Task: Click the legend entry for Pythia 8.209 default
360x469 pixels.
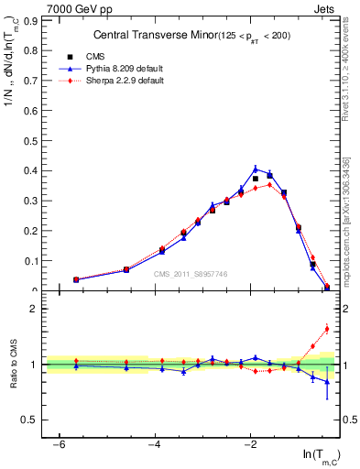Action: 105,70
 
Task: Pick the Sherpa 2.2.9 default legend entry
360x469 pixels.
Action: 105,81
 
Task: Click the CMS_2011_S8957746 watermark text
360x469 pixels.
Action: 190,274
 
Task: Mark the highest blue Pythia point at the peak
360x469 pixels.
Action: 256,169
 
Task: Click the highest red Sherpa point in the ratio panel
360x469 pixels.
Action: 327,329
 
